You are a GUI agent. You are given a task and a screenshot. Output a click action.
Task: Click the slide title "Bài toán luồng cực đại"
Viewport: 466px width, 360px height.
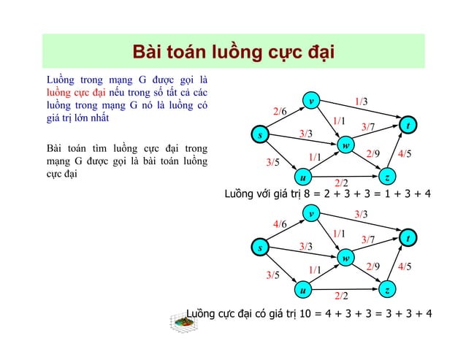click(x=232, y=53)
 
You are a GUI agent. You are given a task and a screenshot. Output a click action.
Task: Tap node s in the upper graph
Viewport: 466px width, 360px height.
click(x=258, y=135)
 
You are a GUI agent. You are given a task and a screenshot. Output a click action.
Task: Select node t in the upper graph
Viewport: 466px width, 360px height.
click(x=409, y=126)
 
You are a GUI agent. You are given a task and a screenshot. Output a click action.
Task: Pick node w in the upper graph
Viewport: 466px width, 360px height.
click(x=345, y=146)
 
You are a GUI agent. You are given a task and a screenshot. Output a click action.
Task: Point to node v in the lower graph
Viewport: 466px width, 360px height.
click(x=311, y=215)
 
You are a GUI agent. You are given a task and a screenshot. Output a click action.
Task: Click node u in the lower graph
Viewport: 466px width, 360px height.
click(x=302, y=291)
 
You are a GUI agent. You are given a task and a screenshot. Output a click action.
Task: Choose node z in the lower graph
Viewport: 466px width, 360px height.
click(x=388, y=291)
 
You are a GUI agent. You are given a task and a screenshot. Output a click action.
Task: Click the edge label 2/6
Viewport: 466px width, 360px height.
click(x=279, y=111)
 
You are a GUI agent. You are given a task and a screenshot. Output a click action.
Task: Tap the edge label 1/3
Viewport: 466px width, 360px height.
click(x=361, y=101)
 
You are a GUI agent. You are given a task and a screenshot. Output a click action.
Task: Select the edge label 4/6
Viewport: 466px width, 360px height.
click(x=279, y=223)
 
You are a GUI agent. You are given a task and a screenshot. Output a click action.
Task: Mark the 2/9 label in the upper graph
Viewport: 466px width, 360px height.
click(x=373, y=153)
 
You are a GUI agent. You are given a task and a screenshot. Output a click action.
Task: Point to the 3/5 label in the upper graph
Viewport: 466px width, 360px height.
click(x=272, y=162)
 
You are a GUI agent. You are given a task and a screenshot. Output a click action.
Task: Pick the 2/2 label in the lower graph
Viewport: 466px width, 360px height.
click(x=341, y=295)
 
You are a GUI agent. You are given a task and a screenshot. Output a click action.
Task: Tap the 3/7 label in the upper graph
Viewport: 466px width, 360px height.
click(x=367, y=128)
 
